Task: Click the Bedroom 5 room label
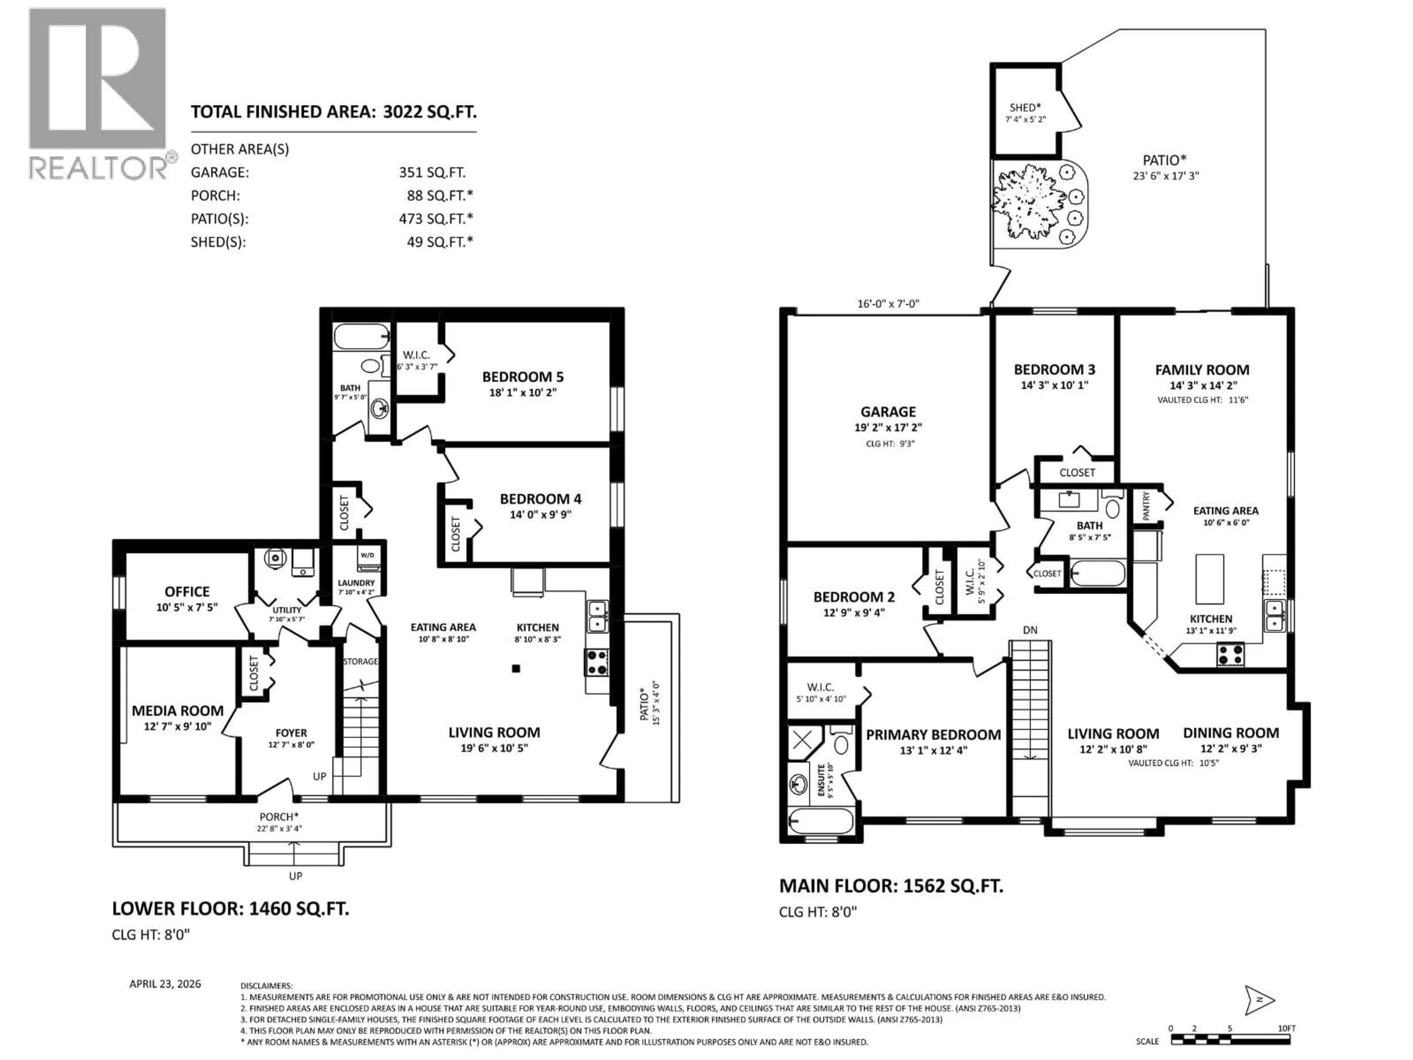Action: pyautogui.click(x=523, y=377)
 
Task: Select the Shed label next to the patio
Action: pyautogui.click(x=1025, y=107)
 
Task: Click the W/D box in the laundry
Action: pyautogui.click(x=367, y=555)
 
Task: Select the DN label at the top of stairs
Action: pyautogui.click(x=1030, y=630)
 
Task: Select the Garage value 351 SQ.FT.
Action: pyautogui.click(x=432, y=173)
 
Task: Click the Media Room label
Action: pyautogui.click(x=178, y=710)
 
